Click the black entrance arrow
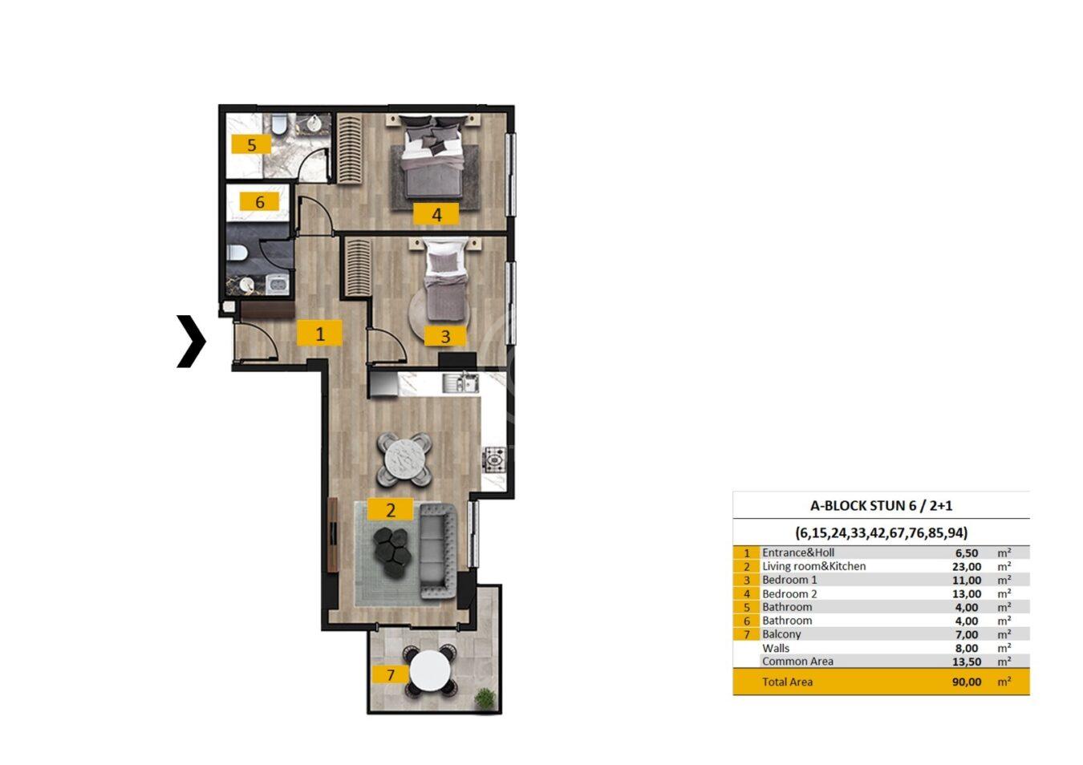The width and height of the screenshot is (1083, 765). click(x=193, y=341)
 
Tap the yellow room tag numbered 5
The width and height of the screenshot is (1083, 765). click(x=251, y=144)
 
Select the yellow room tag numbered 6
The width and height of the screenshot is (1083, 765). click(x=260, y=201)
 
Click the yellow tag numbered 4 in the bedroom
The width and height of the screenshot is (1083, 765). click(x=436, y=214)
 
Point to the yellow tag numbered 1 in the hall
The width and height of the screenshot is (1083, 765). click(x=319, y=333)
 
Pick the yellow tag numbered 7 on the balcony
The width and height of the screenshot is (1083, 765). click(x=391, y=674)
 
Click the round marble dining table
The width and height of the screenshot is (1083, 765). click(x=404, y=459)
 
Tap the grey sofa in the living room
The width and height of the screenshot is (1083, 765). click(x=437, y=551)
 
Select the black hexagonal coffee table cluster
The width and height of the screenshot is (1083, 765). click(x=392, y=552)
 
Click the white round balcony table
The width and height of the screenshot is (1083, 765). click(x=429, y=670)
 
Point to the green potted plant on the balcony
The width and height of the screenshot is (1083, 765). click(x=485, y=698)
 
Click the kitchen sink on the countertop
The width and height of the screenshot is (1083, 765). click(x=460, y=382)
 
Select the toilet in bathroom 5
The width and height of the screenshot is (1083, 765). click(x=279, y=123)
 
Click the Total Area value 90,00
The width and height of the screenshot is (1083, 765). click(x=967, y=682)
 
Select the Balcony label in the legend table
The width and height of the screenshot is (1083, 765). click(x=781, y=634)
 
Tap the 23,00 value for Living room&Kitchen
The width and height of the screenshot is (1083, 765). click(x=967, y=566)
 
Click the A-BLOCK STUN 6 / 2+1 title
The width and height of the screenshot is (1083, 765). click(x=882, y=506)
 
